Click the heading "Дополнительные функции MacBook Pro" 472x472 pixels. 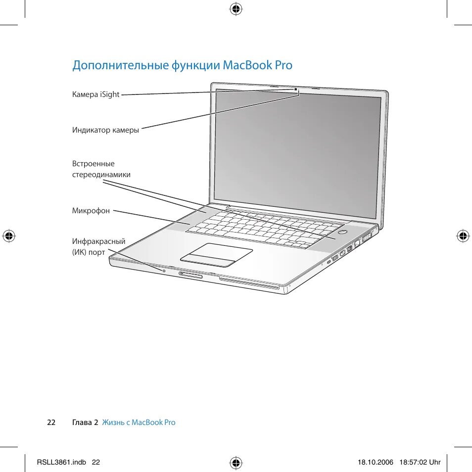click(x=182, y=65)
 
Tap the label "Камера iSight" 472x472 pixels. click(x=96, y=94)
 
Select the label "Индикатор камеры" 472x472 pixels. click(x=105, y=130)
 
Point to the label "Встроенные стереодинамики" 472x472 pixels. click(x=101, y=169)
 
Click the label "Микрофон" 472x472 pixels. click(x=91, y=211)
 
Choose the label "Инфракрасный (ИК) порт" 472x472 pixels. click(x=98, y=247)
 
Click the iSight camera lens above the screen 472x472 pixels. click(x=296, y=90)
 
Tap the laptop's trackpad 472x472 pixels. click(x=217, y=255)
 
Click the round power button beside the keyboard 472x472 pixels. click(x=343, y=231)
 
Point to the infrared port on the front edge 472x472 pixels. click(x=164, y=271)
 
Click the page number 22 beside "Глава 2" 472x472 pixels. click(x=51, y=423)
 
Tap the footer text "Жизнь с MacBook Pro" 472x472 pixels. click(x=139, y=423)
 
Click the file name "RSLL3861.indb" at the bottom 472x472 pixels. click(x=61, y=462)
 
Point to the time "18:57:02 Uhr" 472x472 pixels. click(x=420, y=462)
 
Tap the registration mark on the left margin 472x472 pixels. click(x=8, y=236)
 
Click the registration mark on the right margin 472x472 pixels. click(x=463, y=236)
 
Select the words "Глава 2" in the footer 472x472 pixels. click(x=85, y=423)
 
